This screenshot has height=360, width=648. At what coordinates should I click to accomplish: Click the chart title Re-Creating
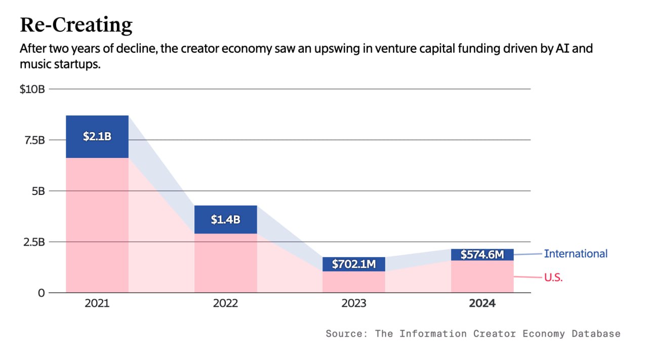(x=76, y=24)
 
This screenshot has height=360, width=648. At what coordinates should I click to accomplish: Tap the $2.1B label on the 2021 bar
(x=97, y=136)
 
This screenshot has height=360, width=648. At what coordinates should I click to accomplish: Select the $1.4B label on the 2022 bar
(x=225, y=219)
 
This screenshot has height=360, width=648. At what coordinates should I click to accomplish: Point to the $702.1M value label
(x=353, y=264)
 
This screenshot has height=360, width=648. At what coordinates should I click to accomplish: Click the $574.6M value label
(x=482, y=255)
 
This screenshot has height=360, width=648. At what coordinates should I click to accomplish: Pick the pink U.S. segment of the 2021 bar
(x=97, y=225)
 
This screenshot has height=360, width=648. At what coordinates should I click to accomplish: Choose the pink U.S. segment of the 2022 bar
(x=225, y=263)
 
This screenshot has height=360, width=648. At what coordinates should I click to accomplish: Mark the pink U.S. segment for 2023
(x=353, y=282)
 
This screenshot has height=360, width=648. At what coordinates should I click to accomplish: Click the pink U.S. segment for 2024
(x=482, y=277)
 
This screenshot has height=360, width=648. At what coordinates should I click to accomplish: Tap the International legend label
(x=576, y=254)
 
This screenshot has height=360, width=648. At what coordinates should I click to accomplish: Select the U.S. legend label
(x=553, y=277)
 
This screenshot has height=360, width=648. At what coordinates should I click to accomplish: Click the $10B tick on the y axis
(x=32, y=89)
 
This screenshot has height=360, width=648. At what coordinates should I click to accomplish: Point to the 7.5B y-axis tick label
(x=32, y=140)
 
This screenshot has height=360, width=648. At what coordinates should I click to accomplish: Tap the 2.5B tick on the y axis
(x=32, y=242)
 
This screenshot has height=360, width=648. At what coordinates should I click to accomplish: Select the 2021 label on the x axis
(x=97, y=304)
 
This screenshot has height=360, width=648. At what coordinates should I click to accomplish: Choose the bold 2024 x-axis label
(x=482, y=304)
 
